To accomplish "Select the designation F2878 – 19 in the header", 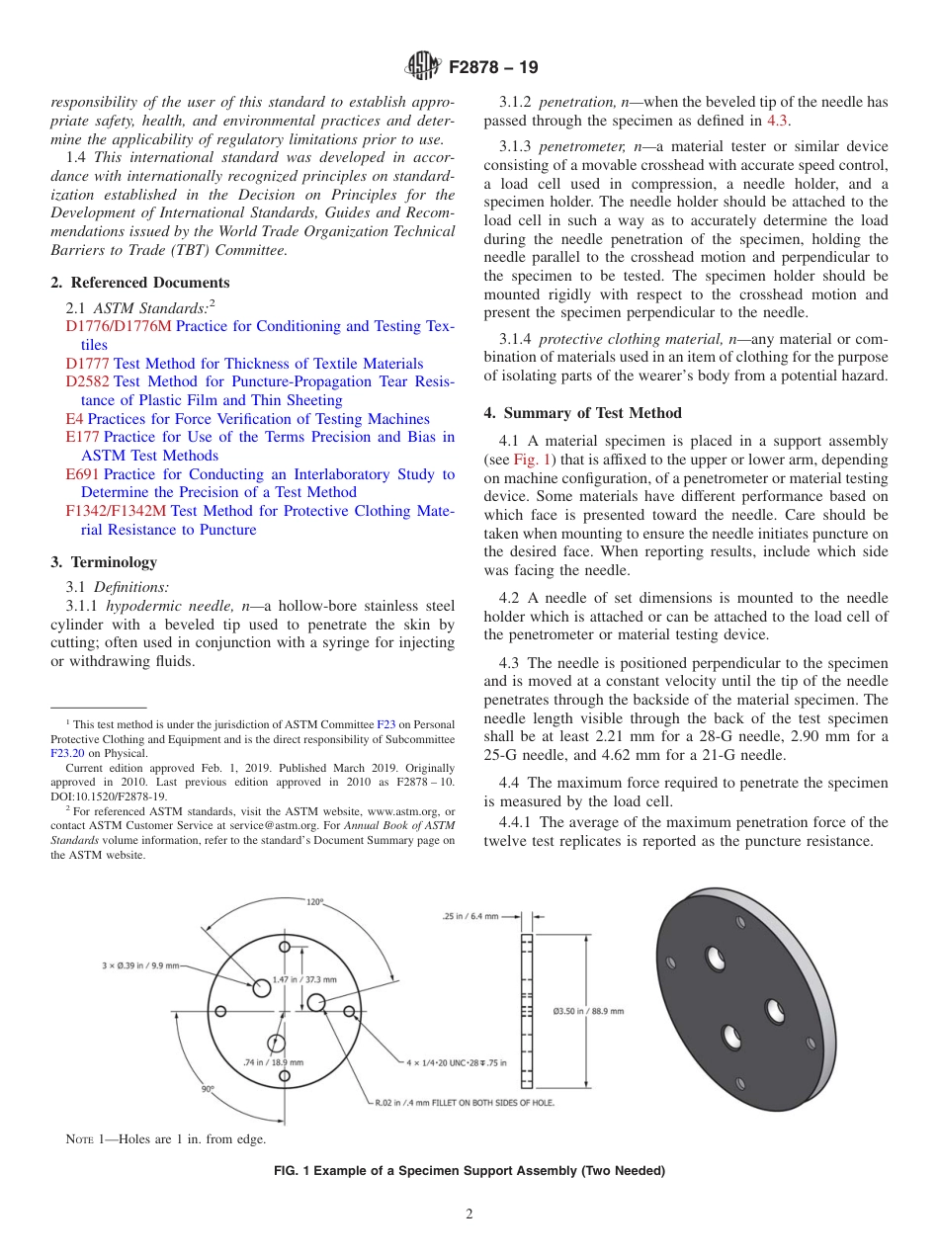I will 493,68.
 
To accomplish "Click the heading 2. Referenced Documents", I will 140,283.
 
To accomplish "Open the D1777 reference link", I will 87,364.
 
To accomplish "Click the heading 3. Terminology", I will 104,562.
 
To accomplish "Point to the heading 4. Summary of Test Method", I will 582,412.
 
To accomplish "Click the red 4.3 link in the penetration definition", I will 778,120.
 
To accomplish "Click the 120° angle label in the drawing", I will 314,902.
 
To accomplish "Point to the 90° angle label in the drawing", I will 208,1088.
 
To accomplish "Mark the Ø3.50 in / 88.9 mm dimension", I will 588,1011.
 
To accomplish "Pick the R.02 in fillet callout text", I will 463,1102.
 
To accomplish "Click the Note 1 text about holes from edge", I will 165,1139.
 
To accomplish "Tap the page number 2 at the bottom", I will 469,1215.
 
